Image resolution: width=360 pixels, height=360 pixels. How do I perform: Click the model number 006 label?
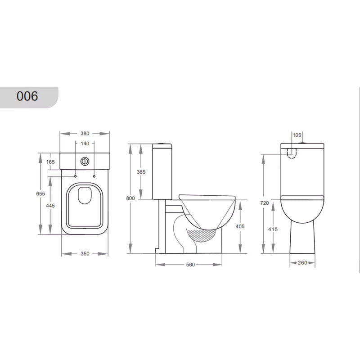point(27,96)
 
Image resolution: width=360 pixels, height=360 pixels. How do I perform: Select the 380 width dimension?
point(85,133)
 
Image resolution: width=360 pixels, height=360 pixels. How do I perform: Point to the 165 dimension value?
point(50,162)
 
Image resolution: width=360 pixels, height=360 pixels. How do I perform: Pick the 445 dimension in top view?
point(50,205)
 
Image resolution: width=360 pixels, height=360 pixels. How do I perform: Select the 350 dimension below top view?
point(85,254)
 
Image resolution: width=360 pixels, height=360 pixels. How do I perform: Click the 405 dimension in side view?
point(240,226)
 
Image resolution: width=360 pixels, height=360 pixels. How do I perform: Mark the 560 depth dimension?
point(190,265)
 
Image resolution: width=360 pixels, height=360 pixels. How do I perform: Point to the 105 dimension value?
point(297,135)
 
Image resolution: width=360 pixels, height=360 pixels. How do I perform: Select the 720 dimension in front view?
point(264,203)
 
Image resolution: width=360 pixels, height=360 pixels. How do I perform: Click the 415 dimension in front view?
point(273,229)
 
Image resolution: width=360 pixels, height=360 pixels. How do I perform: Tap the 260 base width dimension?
point(302,263)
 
